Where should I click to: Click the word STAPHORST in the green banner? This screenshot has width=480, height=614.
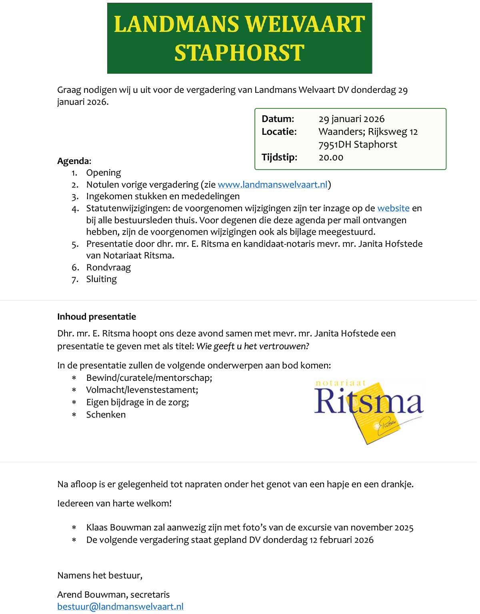(x=239, y=53)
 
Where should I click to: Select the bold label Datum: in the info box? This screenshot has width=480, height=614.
(x=278, y=119)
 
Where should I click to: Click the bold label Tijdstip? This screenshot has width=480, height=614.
(x=279, y=157)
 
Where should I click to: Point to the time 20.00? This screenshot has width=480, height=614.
(x=331, y=158)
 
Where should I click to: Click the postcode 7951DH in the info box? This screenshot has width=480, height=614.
(x=334, y=144)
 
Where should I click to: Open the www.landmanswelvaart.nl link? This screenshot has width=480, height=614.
(x=272, y=184)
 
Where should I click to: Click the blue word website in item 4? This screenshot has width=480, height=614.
(x=393, y=208)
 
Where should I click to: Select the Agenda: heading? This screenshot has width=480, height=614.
(x=74, y=161)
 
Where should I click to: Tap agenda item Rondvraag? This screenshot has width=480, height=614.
(x=108, y=267)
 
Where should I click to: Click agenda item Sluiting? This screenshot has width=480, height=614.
(x=101, y=279)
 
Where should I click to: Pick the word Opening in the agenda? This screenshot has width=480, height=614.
(x=103, y=173)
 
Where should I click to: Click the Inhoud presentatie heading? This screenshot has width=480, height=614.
(x=96, y=316)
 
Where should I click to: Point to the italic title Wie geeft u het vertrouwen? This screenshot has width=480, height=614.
(x=252, y=346)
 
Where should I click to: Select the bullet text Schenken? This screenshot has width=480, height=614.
(x=106, y=414)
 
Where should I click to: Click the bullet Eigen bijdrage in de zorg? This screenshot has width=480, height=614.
(x=137, y=402)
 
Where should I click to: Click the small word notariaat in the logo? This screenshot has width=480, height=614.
(x=340, y=383)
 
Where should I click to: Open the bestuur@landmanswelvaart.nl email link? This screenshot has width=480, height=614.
(x=120, y=606)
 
